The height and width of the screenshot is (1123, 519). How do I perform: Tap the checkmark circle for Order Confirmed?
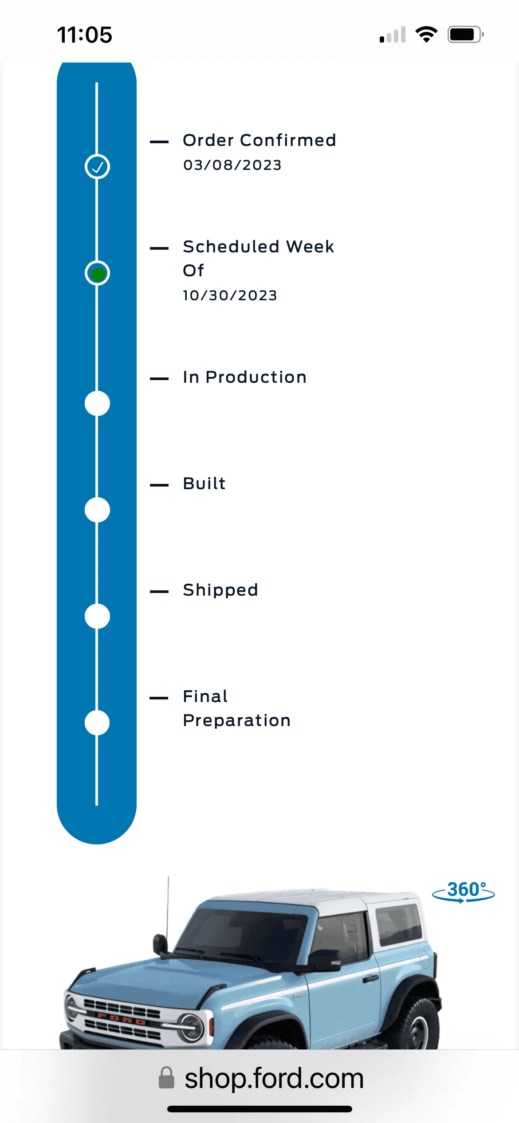[x=97, y=167]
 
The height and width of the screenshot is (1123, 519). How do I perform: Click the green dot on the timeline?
[x=98, y=274]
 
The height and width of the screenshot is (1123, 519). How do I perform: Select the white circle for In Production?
[x=97, y=404]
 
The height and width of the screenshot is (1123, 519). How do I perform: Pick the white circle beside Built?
[x=97, y=510]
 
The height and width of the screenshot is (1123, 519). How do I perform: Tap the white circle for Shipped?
[x=97, y=616]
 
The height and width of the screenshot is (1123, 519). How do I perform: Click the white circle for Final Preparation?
[x=97, y=723]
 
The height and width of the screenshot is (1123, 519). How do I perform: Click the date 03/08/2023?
[x=232, y=165]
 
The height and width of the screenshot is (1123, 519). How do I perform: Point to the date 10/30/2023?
[x=230, y=295]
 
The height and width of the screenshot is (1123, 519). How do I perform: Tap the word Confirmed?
[x=288, y=140]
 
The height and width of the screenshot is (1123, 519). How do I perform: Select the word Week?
[x=310, y=247]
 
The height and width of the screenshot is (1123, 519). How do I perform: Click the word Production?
[x=256, y=377]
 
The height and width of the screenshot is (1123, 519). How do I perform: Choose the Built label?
[x=204, y=483]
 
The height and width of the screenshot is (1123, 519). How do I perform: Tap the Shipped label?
[x=220, y=590]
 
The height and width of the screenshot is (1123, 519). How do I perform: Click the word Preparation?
[x=237, y=721]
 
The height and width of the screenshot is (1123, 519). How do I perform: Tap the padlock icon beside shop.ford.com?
[x=166, y=1078]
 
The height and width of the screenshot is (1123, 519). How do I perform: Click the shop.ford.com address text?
[x=274, y=1078]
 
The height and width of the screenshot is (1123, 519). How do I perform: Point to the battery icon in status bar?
[x=465, y=35]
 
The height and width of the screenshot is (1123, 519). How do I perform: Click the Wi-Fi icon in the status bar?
[x=426, y=35]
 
